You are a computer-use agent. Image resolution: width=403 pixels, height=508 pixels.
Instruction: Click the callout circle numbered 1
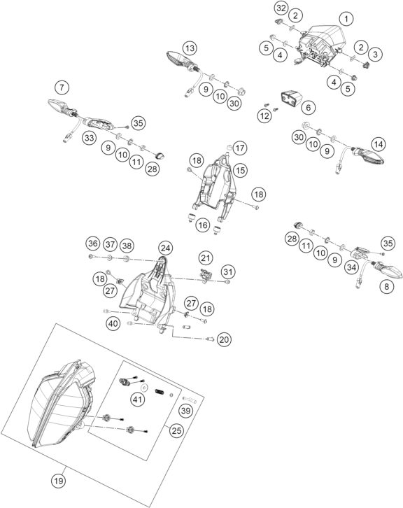coord(344,18)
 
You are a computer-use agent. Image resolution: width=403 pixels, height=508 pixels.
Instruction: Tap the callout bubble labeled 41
coord(137,400)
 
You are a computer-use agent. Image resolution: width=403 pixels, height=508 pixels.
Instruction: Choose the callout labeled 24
coord(164,267)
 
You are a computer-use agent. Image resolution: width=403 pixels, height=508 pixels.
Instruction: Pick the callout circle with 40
coord(113,323)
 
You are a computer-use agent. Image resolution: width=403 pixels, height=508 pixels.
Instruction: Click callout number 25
coord(177,432)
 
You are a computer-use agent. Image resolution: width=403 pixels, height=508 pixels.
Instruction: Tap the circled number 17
coord(240,148)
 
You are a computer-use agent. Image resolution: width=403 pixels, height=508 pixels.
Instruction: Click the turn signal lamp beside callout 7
coord(57,107)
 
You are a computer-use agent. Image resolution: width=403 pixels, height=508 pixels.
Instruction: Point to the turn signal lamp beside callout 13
coord(175,59)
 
